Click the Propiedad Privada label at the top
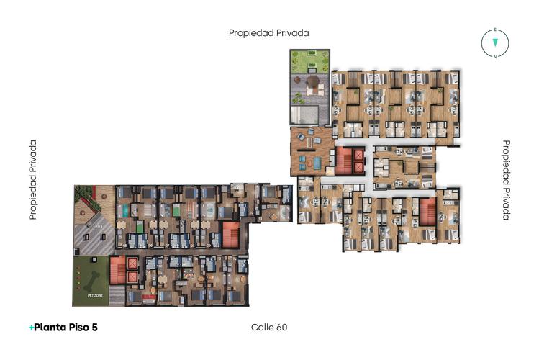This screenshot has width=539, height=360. click(269, 32)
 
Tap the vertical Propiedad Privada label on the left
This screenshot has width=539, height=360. click(33, 180)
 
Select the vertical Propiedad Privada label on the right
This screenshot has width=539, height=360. click(506, 180)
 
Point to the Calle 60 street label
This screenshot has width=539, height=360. click(269, 327)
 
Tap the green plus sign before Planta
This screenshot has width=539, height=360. click(31, 327)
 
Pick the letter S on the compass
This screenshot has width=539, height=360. click(495, 30)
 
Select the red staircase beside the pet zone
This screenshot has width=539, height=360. click(118, 269)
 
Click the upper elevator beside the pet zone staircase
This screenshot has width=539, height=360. click(133, 263)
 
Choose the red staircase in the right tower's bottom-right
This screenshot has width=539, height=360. click(428, 211)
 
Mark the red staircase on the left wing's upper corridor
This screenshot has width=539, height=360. click(230, 234)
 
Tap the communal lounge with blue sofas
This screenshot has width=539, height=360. click(312, 151)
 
